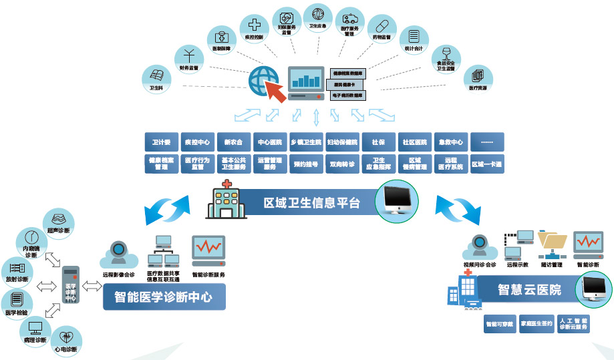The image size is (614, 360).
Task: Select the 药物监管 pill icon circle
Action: [x=381, y=31]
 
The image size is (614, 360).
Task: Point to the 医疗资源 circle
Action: [x=478, y=77]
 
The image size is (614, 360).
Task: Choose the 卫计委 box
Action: [x=162, y=142]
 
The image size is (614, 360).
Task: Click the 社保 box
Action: [x=378, y=142]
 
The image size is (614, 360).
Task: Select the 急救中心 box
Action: [x=451, y=142]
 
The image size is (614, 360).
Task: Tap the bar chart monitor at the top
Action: [x=305, y=83]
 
